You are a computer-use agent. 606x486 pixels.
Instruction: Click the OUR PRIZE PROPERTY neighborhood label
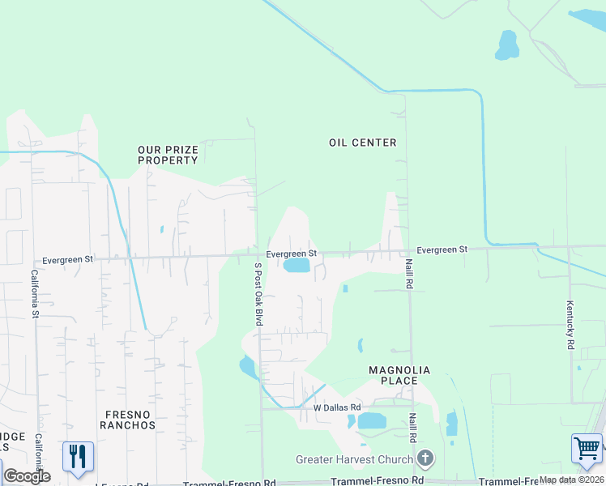pos(168,155)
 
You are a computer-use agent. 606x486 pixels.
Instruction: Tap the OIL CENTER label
pos(363,143)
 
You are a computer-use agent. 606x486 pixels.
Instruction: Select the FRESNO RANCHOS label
pos(127,419)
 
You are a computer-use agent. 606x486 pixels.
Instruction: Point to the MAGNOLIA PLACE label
pos(393,375)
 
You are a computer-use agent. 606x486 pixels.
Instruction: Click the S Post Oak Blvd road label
pos(259,294)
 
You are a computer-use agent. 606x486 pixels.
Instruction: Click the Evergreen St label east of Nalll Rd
pos(442,249)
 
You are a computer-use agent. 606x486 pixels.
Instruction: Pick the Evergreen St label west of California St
pos(68,260)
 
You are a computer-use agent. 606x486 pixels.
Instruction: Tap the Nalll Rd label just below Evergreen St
pos(410,274)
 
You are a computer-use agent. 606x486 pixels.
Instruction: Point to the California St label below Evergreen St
pos(35,293)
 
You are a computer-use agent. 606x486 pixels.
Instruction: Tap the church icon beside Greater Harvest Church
pos(426,459)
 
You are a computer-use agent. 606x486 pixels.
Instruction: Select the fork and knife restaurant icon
pos(78,456)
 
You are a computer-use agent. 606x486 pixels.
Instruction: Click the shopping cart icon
pos(587,448)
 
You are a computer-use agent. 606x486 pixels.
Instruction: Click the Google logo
pos(27,476)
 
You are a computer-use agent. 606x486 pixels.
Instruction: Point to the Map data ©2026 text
pos(570,480)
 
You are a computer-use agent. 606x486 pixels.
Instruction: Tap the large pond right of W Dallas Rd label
pos(372,420)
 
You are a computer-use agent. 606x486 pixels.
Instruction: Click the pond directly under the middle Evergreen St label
pos(297,265)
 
